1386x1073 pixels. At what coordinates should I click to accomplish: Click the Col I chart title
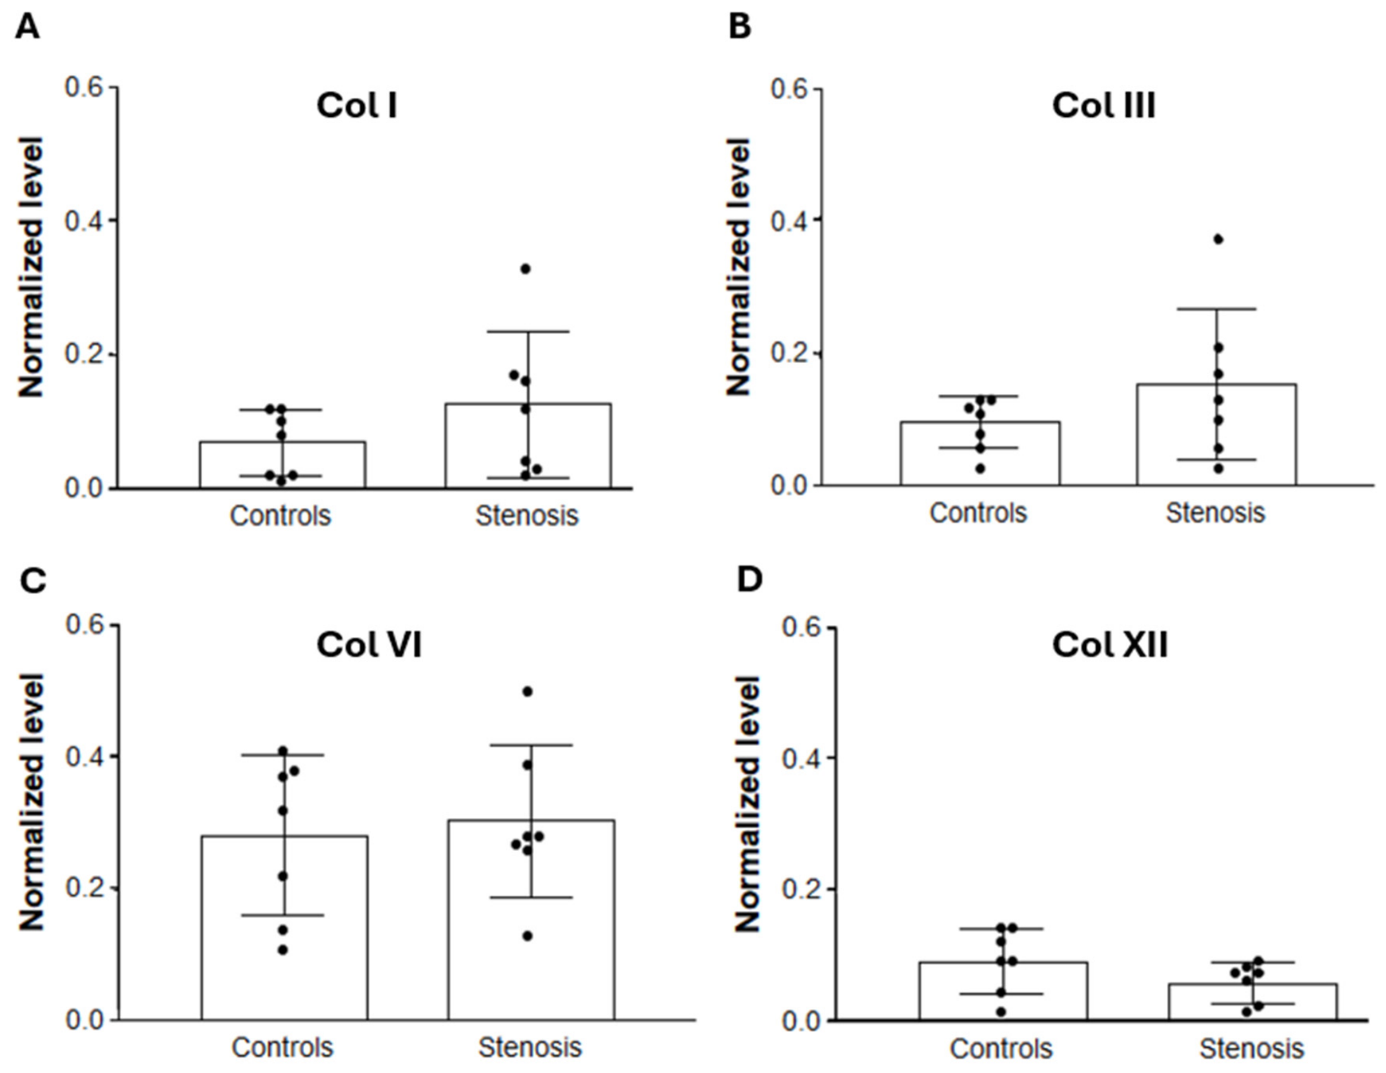pos(356,106)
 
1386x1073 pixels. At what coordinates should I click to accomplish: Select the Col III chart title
pos(1104,106)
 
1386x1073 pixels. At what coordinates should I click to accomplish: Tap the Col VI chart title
pos(369,644)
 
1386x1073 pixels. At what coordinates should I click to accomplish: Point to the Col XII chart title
pos(1110,644)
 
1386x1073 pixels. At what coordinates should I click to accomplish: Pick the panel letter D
pos(749,579)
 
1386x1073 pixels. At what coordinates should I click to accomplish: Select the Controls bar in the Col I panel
pos(282,465)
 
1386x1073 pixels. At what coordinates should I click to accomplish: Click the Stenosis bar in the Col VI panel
pos(531,919)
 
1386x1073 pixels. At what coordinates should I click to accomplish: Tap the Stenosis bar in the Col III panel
pos(1216,435)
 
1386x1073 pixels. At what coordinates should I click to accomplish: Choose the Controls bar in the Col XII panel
pos(1003,991)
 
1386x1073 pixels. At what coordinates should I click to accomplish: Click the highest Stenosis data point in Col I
pos(525,268)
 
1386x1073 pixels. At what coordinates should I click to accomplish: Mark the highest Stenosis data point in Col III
pos(1218,240)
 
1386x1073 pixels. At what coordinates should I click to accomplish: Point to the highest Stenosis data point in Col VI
pos(527,692)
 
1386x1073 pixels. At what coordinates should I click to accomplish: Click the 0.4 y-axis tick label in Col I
pos(83,221)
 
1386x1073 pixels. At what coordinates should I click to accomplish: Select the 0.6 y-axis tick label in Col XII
pos(801,627)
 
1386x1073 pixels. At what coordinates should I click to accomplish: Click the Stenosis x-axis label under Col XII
pos(1251,1049)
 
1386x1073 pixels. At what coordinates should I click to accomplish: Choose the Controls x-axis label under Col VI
pos(282,1048)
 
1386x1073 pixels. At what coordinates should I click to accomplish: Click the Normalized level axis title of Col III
pos(739,267)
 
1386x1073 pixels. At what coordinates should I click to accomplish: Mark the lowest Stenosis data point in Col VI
pos(527,936)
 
